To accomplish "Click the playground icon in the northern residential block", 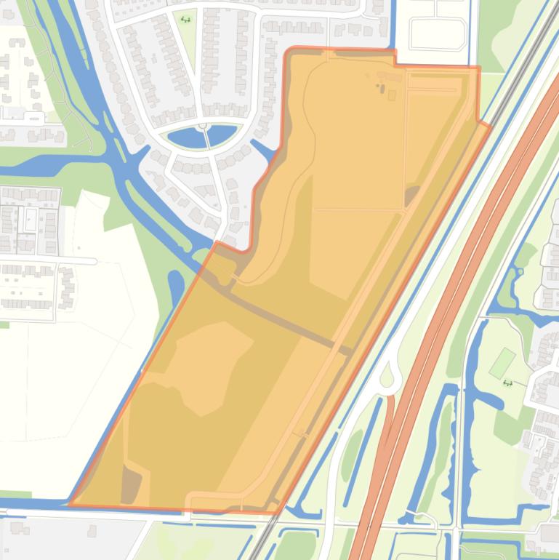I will pos(187,20).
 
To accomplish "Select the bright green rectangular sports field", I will pos(501,363).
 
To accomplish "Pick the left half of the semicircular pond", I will pos(185,136).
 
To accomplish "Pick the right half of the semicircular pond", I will pos(222,135).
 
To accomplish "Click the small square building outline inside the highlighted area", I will pos(392,95).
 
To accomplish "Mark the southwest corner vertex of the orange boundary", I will pos(69,503).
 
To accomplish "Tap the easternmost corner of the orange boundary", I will pos(490,124).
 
